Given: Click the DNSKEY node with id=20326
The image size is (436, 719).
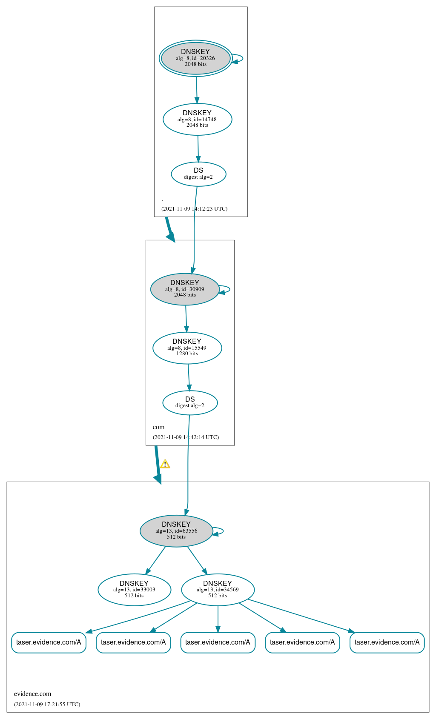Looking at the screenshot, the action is pos(196,58).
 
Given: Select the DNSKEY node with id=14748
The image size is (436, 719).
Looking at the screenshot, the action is pos(197,119).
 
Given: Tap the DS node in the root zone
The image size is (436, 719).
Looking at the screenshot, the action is pos(198,174).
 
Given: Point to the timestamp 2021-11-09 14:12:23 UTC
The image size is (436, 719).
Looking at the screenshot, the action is pos(195,208).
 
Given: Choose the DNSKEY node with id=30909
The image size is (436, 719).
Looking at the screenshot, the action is pos(185,289).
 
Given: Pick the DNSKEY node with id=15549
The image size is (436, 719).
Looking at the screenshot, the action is pos(187,348).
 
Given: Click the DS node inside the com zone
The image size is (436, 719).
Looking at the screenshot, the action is pos(190,402).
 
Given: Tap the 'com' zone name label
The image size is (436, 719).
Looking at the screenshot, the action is pos(158,427).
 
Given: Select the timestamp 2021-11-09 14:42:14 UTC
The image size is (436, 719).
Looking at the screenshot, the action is pos(186,437).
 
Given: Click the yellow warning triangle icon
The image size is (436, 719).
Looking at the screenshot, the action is pos(165,464).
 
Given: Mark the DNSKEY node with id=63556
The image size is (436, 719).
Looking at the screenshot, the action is pos(176,531).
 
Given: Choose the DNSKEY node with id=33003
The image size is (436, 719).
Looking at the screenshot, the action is pos(134,589).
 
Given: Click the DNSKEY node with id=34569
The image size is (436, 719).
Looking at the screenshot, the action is pos(218,589).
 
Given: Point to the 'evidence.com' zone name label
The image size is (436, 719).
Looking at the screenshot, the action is pos(32,693).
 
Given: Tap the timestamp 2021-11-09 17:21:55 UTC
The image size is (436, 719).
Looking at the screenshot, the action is pos(47,704).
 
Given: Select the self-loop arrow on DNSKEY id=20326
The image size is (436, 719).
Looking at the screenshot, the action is pos(238,58).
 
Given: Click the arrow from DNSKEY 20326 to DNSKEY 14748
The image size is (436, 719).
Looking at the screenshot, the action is pos(197,90).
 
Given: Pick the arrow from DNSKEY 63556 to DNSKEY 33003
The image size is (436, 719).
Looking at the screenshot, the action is pos(155,560).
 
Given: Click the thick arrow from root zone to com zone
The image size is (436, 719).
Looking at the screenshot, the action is pos(170,229).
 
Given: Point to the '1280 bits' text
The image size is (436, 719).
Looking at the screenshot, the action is pos(187,354).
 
